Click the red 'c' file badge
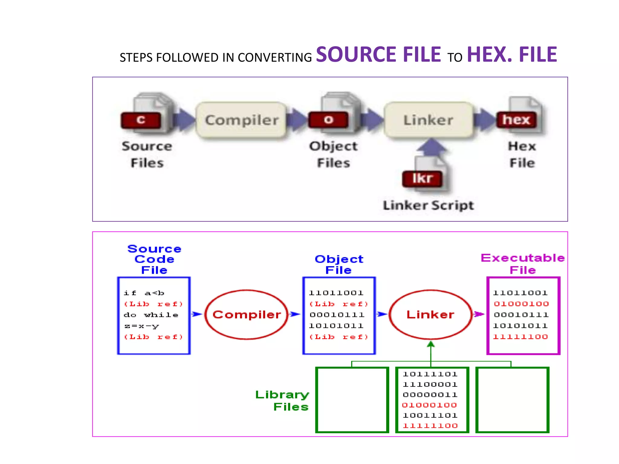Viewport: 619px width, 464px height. click(141, 120)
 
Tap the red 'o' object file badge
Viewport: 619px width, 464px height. click(328, 120)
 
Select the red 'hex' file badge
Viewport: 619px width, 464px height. click(516, 120)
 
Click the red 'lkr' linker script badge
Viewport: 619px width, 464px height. click(422, 179)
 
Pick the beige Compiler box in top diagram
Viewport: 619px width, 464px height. click(241, 120)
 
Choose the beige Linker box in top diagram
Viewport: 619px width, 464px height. click(428, 120)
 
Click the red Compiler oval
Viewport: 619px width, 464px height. click(247, 314)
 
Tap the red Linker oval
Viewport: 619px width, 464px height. click(430, 314)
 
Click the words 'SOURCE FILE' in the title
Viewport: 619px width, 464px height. click(378, 55)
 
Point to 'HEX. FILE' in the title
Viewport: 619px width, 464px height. click(512, 55)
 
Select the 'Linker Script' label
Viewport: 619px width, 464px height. click(428, 205)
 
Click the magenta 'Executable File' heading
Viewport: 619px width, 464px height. click(523, 264)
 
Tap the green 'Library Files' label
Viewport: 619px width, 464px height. click(282, 401)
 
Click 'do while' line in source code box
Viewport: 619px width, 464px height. click(151, 315)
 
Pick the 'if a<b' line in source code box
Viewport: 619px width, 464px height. click(144, 293)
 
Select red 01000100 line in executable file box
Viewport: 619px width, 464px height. click(521, 304)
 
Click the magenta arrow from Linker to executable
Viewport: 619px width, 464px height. click(479, 314)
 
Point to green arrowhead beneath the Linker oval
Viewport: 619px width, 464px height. click(431, 344)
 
